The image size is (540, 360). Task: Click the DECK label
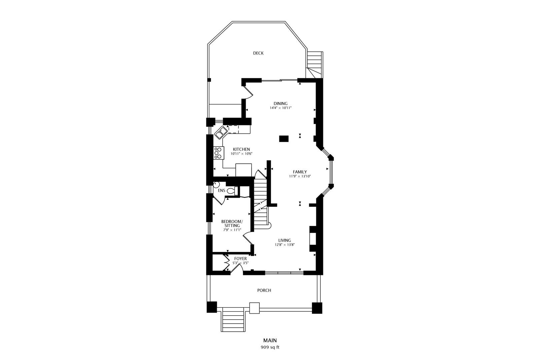tap(258, 53)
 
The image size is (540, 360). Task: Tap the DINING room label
tap(280, 103)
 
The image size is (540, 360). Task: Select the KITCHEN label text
tap(241, 149)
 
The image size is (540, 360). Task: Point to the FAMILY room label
tap(300, 172)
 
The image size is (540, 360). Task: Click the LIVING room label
tap(284, 240)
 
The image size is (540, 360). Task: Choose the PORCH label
tap(264, 290)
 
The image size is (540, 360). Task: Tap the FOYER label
tap(240, 259)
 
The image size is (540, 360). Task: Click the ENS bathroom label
tap(221, 190)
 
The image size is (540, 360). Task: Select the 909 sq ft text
tap(270, 347)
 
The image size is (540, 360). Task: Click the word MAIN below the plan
tap(270, 340)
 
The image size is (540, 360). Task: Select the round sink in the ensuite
tap(216, 185)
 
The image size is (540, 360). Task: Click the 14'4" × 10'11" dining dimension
tap(281, 108)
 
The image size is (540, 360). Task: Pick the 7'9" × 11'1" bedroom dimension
tap(232, 230)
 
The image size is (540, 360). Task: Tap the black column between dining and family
tap(284, 139)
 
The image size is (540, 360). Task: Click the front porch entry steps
tap(233, 319)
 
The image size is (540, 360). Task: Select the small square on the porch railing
tap(254, 308)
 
